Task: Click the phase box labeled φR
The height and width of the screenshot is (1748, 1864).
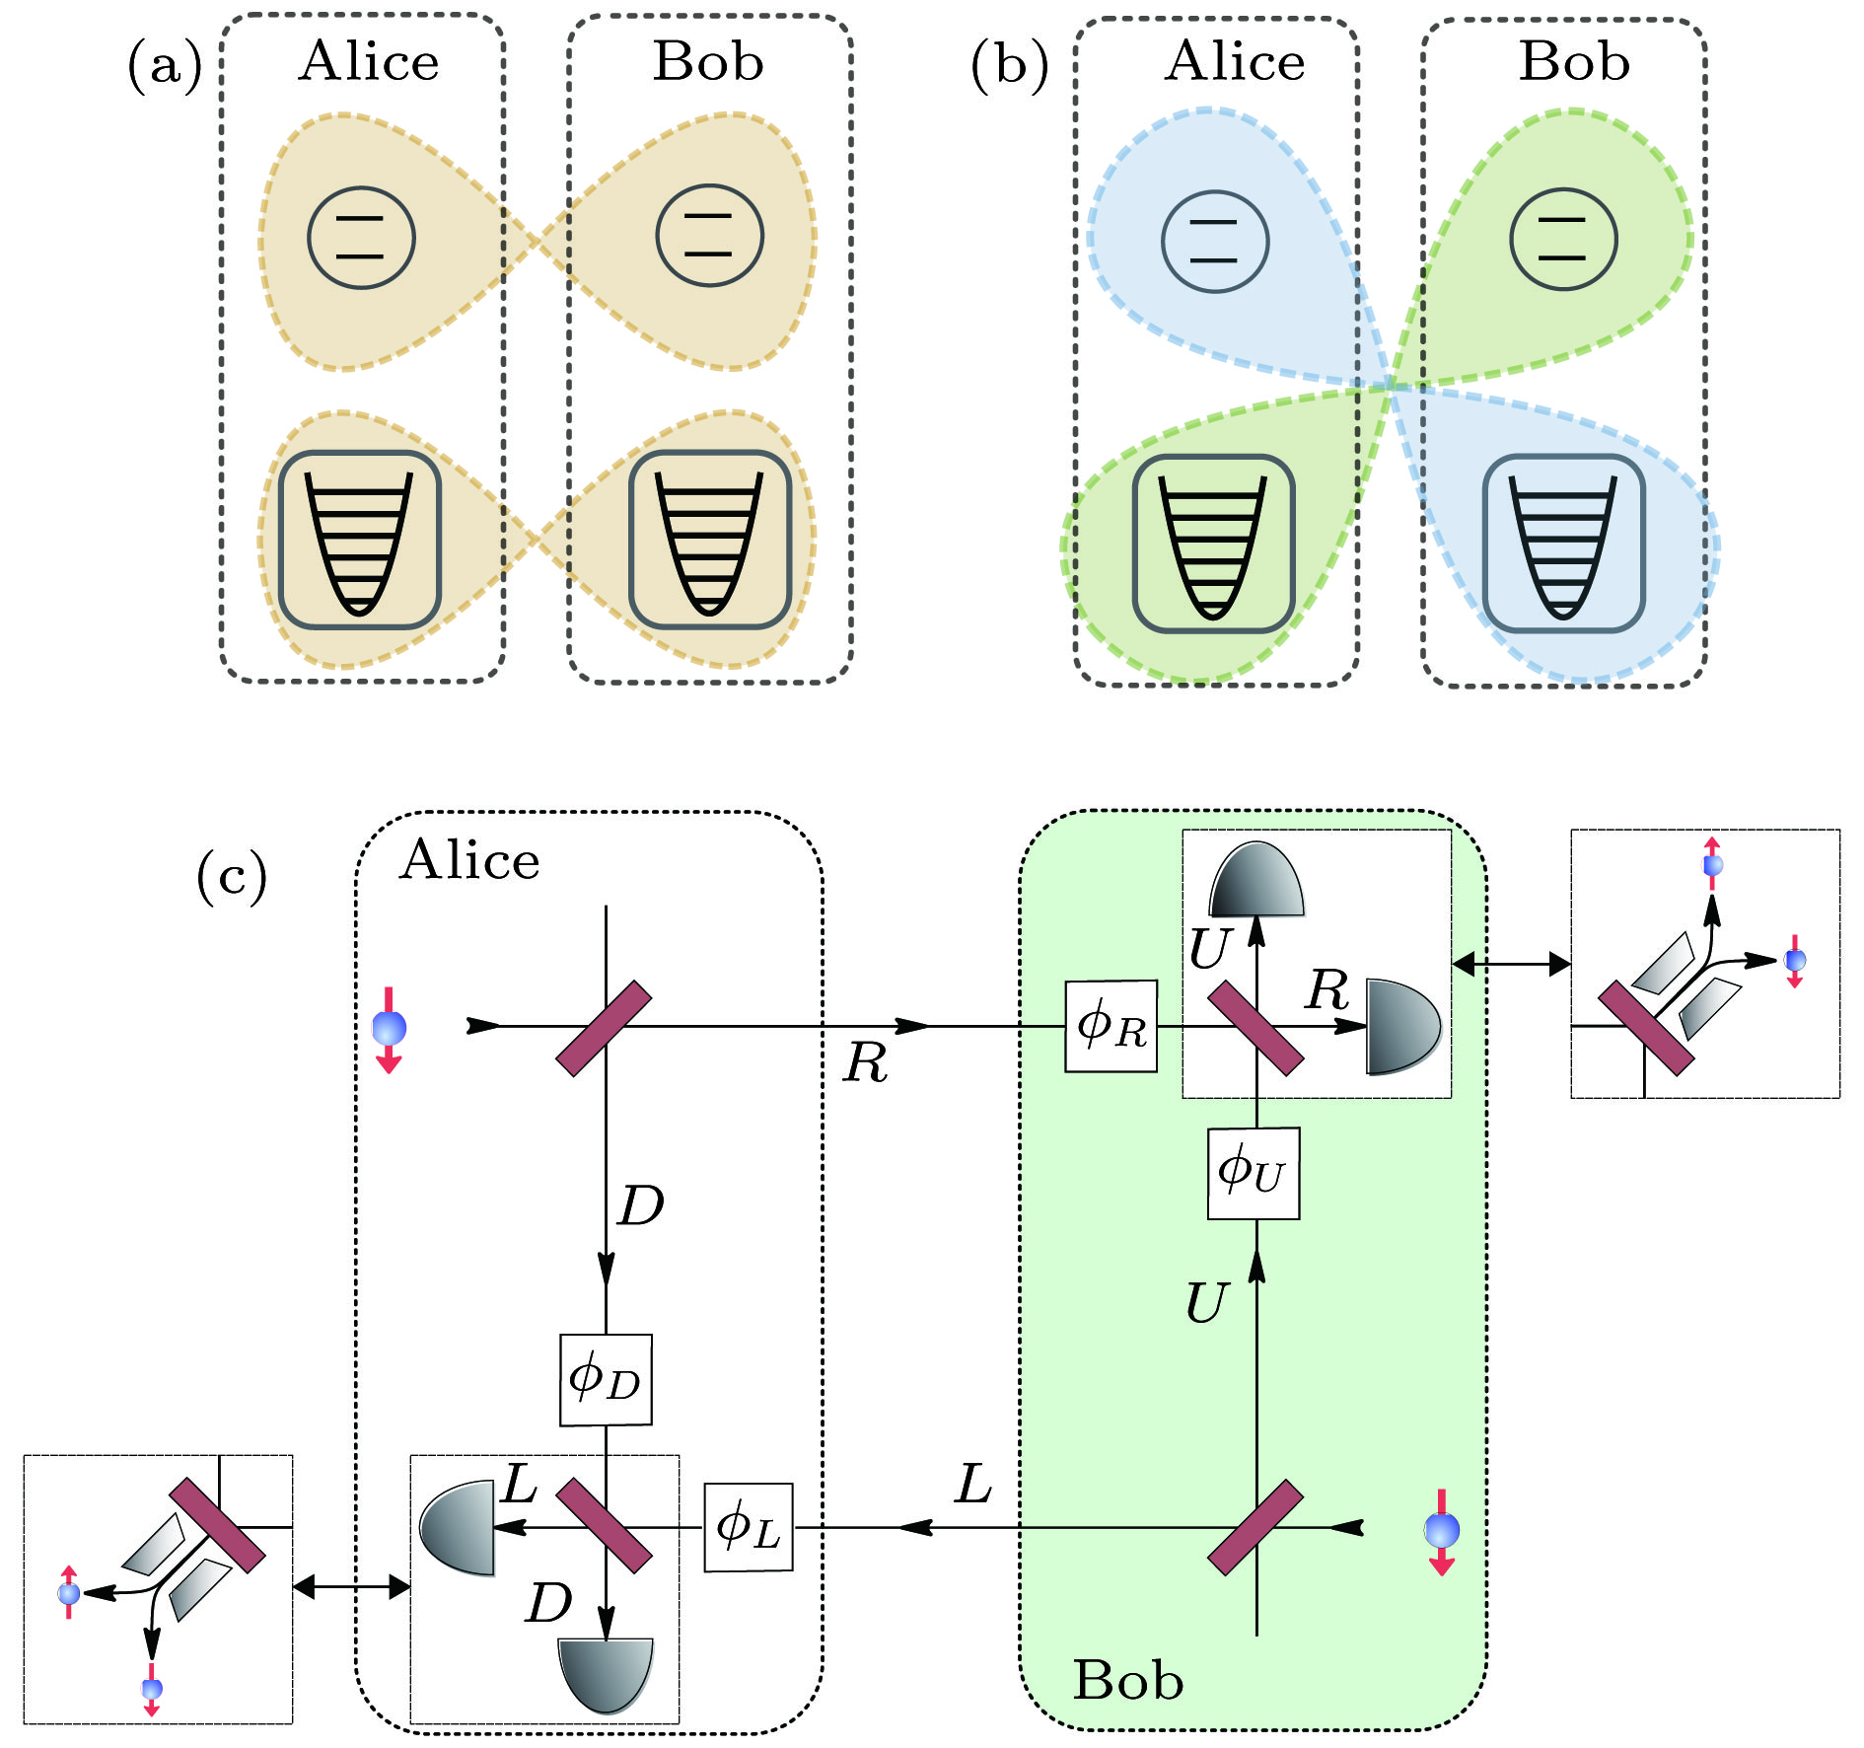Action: [1111, 1026]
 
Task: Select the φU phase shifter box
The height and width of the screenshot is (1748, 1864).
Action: [1253, 1173]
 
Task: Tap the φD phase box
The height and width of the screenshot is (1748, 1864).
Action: [606, 1379]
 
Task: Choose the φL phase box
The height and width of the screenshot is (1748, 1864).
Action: [749, 1527]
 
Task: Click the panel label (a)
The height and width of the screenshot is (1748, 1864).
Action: [165, 66]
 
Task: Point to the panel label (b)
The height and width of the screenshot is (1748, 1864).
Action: [1009, 66]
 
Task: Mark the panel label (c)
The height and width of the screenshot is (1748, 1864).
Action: [232, 875]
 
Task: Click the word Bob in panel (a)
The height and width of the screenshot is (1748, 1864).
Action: [708, 62]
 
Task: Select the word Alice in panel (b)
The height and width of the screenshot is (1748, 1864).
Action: [1235, 62]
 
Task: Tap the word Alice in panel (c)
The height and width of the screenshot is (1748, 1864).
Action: [469, 860]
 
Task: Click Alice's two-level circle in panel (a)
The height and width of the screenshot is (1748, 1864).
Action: [361, 238]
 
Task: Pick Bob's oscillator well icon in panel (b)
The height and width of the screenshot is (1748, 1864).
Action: [1563, 544]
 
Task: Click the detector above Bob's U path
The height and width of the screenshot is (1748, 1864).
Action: [1256, 881]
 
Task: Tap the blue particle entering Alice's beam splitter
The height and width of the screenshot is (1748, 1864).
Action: [390, 1028]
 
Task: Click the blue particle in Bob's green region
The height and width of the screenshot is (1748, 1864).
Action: [1441, 1530]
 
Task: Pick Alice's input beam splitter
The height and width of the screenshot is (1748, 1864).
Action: [604, 1028]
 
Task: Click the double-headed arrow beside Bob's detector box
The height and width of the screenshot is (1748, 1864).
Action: [1511, 964]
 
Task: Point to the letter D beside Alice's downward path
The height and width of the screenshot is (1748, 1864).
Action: [641, 1205]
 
